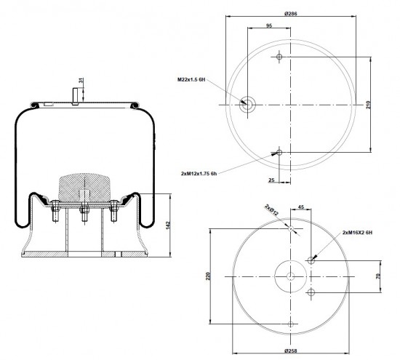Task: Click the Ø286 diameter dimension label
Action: [291, 14]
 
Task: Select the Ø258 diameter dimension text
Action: [291, 351]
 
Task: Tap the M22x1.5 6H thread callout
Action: [191, 79]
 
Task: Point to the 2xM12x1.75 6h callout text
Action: [199, 174]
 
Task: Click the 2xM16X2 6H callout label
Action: [357, 233]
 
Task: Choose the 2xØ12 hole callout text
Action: [272, 209]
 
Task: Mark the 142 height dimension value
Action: [168, 225]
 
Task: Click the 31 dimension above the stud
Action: [81, 81]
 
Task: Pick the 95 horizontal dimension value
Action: [269, 25]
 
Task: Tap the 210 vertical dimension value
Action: [368, 105]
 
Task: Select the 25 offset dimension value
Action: [271, 180]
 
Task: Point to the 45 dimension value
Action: [301, 207]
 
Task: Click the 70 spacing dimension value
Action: [378, 276]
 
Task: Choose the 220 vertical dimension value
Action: [208, 276]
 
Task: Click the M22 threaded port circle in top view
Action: [247, 104]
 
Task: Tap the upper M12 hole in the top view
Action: [279, 57]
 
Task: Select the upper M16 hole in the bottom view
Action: [311, 260]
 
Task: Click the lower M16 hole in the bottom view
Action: [311, 292]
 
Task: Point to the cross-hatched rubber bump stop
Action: [84, 188]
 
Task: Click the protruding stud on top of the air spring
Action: [75, 96]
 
